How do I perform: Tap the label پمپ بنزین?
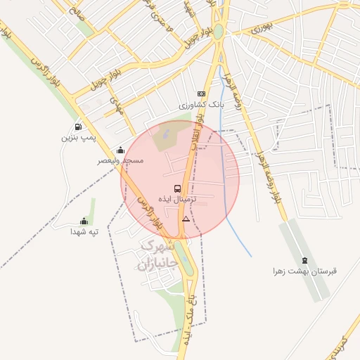(x=77, y=138)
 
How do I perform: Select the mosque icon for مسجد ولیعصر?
(x=121, y=150)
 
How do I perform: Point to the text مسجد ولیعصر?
(x=120, y=161)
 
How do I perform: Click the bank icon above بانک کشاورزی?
(x=202, y=94)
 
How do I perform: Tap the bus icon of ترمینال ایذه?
(x=176, y=188)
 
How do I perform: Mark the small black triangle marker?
(x=186, y=219)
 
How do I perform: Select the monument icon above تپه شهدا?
(x=84, y=221)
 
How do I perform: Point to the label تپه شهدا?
(x=84, y=231)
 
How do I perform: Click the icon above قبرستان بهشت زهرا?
(x=304, y=260)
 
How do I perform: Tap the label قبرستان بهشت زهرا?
(x=305, y=271)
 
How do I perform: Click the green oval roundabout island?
(x=219, y=32)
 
